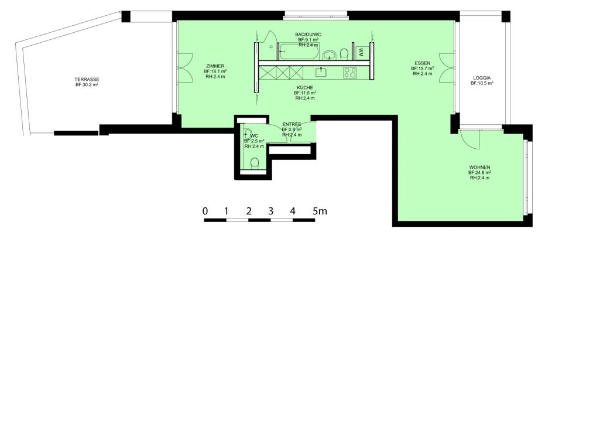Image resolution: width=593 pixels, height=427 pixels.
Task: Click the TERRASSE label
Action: (x=86, y=79)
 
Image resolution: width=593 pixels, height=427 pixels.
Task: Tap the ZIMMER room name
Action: (x=215, y=66)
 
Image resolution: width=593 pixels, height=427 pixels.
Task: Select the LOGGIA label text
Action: (x=482, y=77)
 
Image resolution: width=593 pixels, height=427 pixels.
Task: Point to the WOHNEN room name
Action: (x=479, y=168)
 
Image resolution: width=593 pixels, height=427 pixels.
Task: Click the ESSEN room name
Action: (x=423, y=63)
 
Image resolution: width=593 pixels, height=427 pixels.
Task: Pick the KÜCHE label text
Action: (x=305, y=87)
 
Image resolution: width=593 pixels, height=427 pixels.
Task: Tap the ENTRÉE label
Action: (x=292, y=124)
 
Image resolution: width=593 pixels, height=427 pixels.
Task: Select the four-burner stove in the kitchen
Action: (x=350, y=73)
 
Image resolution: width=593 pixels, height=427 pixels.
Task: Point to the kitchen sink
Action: (x=321, y=72)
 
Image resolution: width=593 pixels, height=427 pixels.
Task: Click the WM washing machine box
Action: (x=362, y=52)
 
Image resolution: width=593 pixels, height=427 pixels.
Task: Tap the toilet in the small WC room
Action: (x=255, y=163)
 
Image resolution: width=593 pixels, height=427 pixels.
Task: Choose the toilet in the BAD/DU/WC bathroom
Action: (x=344, y=54)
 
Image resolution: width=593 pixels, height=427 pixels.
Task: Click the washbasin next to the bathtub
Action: (x=330, y=55)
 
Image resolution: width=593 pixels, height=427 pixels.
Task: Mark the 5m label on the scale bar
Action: (x=319, y=211)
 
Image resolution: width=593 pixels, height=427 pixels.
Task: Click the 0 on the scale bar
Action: (x=205, y=211)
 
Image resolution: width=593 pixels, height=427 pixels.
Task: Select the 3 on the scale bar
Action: (x=270, y=211)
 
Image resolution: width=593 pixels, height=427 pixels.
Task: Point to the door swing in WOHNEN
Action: (x=469, y=139)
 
